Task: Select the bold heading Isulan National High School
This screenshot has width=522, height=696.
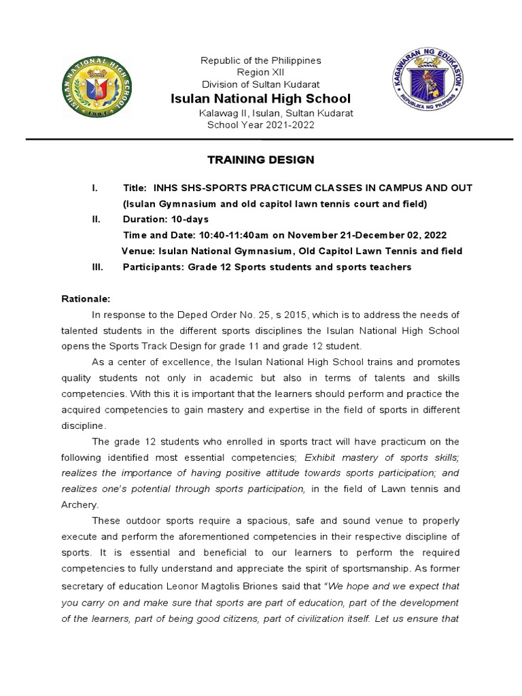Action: [260, 99]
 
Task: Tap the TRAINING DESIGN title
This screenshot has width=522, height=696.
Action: [260, 160]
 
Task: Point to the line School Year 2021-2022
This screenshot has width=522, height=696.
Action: [260, 125]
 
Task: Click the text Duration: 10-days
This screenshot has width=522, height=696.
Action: [165, 220]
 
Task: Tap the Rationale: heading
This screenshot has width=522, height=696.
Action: [86, 298]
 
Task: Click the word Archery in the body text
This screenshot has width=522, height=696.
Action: [79, 504]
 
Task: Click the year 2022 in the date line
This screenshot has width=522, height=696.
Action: [434, 235]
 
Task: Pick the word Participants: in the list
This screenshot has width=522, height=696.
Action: [154, 267]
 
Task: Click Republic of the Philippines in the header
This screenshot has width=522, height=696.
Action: [260, 60]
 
